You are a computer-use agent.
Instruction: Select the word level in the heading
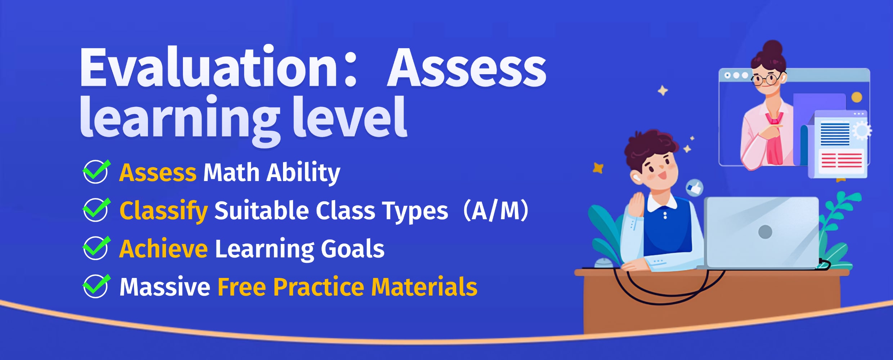(350, 117)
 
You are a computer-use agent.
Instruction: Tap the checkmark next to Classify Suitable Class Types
(96, 210)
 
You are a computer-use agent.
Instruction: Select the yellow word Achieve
(163, 248)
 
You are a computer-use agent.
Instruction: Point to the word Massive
(165, 287)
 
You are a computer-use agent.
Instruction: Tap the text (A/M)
(496, 210)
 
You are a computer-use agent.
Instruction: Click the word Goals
(353, 248)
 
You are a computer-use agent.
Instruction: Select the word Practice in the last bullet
(319, 287)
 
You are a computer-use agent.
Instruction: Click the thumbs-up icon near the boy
(694, 188)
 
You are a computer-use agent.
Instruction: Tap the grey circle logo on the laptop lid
(765, 231)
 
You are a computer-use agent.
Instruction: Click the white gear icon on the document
(862, 130)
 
